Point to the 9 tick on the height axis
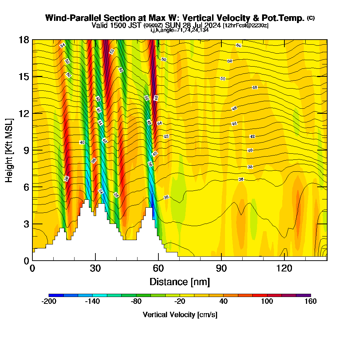coord(32,150)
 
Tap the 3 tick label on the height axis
coord(26,224)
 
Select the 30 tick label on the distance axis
coord(95,268)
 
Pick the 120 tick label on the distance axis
coord(284,268)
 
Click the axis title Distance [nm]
coord(180,282)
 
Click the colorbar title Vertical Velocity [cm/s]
coord(180,315)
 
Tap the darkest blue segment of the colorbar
coord(56,295)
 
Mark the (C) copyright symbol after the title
coord(311,18)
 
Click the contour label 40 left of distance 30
coord(82,143)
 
